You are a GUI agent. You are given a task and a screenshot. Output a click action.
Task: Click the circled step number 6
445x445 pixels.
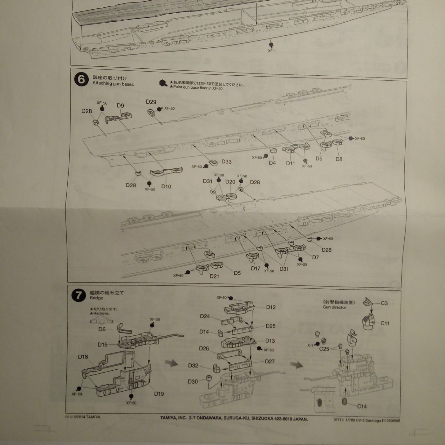pos(81,79)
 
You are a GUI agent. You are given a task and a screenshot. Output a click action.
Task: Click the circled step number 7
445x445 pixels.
pos(79,295)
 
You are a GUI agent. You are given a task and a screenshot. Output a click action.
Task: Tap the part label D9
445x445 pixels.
pos(120,106)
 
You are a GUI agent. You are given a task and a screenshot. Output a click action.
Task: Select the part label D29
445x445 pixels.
pos(151,102)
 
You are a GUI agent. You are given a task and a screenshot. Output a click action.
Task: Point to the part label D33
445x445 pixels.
pos(226,161)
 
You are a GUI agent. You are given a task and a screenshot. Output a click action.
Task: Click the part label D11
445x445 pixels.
pos(290,163)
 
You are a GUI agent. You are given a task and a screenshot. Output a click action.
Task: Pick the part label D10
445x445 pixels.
pos(166,186)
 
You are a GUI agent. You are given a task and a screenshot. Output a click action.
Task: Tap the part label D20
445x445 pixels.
pos(230,182)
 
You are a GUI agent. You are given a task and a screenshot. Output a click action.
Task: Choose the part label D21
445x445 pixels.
pos(214,276)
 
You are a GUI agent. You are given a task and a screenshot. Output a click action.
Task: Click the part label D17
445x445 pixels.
pos(256,268)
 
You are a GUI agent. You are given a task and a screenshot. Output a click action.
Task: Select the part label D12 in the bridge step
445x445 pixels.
pos(271,307)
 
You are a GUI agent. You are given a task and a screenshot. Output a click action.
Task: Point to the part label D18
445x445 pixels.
pos(83,357)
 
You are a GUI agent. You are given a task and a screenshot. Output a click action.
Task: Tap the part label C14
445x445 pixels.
pos(362,406)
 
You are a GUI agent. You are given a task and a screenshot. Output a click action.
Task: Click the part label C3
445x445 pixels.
pos(384,303)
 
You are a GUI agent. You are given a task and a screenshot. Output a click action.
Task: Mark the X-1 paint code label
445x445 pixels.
pos(310,345)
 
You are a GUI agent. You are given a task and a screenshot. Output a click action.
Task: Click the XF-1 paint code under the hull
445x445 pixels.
pos(272,51)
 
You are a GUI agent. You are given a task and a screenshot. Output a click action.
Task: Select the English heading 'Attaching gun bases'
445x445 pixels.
pos(113,84)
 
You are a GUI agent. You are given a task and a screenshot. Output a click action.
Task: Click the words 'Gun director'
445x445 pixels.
pos(334,307)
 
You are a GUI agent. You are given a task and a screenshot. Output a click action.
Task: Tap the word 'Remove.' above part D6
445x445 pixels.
pos(101,313)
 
